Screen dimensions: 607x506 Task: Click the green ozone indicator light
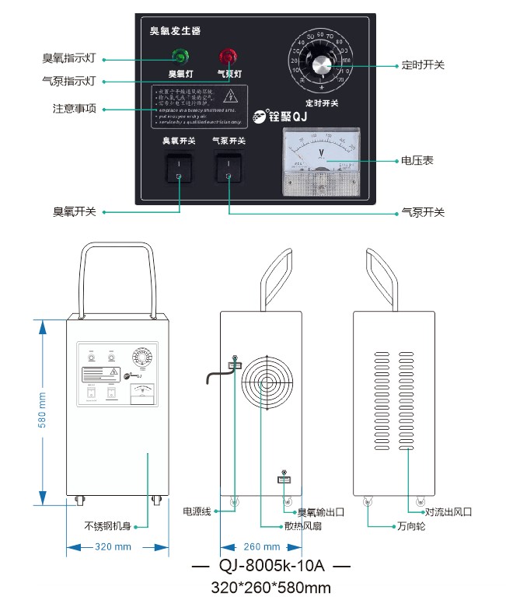click(180, 56)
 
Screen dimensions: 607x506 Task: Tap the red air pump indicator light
click(228, 56)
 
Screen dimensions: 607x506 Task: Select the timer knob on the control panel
click(320, 67)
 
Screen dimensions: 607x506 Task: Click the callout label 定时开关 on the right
click(424, 65)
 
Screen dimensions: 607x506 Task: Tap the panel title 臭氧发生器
click(176, 31)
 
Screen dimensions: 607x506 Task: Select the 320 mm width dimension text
click(113, 547)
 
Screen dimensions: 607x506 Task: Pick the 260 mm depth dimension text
click(261, 547)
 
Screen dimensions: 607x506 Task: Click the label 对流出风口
click(448, 512)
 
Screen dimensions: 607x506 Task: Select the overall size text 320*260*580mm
click(271, 588)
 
